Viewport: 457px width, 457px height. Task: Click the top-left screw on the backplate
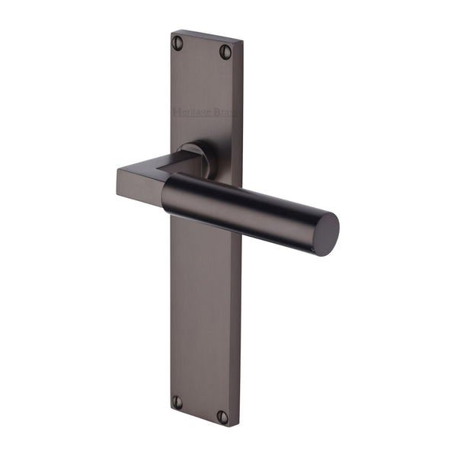coord(178,42)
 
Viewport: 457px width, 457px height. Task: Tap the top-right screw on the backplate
coord(225,51)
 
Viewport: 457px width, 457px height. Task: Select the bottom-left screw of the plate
coord(177,402)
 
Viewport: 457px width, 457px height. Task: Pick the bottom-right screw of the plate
coord(222,417)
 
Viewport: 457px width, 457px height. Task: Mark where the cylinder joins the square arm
coord(166,190)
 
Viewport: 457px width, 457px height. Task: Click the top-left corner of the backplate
coord(171,30)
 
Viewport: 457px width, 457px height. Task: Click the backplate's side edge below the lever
coord(173,305)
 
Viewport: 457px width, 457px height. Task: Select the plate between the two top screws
coord(202,46)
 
